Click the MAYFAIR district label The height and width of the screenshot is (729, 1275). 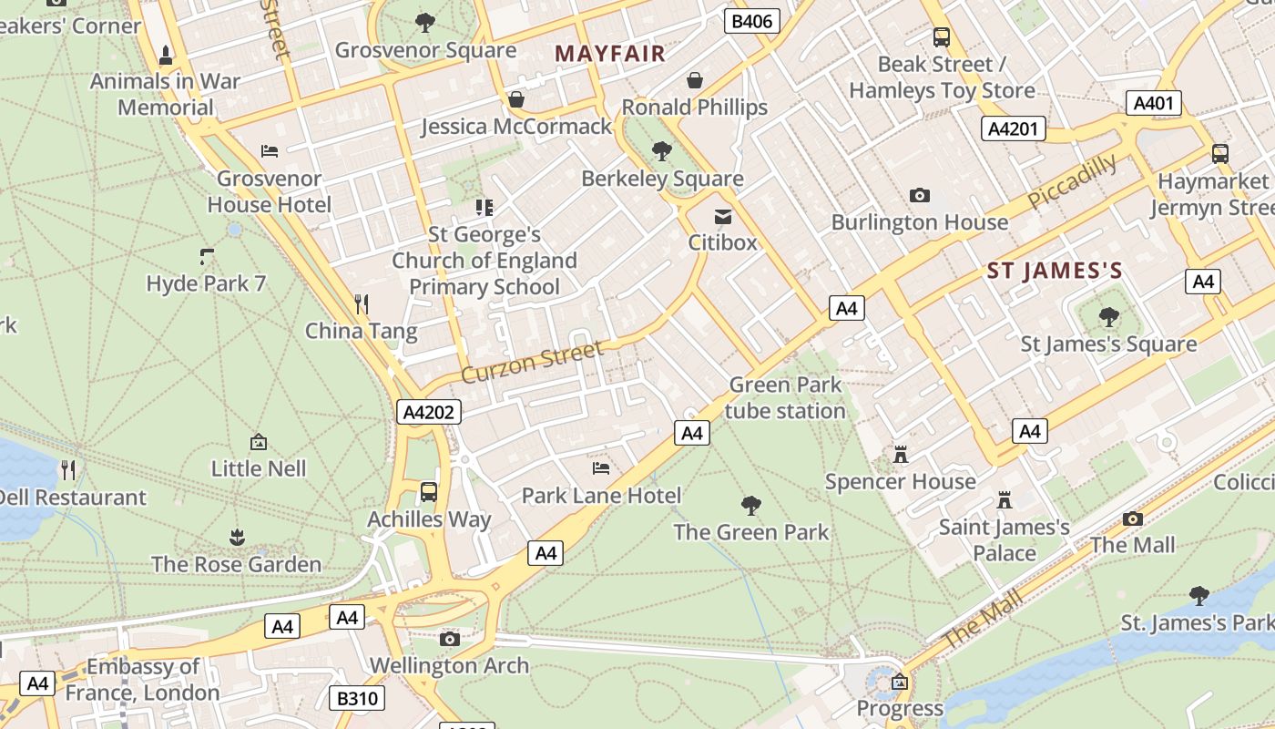coord(610,54)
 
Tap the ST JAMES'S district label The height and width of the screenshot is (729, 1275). coord(1055,271)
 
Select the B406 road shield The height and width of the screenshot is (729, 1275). coord(752,21)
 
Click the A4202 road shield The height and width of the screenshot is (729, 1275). coord(429,412)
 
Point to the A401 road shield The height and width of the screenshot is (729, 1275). coord(1153,103)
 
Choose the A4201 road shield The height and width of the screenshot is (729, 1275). coord(1013,128)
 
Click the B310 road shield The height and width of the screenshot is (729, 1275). coord(356,698)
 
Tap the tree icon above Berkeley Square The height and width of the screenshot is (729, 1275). coord(662,151)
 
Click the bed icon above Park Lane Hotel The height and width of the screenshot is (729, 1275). coord(601,468)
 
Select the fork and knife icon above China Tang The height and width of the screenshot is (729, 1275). coord(362,303)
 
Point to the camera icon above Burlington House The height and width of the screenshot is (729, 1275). coord(920,195)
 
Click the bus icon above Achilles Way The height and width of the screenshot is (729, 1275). coord(429,492)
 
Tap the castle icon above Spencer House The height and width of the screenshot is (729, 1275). coord(901,454)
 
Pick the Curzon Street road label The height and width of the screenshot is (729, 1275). coord(533,362)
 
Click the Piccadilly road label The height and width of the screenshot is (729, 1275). coord(1072,181)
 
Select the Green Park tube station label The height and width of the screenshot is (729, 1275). coord(785,398)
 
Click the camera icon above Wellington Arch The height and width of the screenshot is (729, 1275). coord(449,639)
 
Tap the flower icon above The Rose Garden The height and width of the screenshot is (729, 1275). coord(237,537)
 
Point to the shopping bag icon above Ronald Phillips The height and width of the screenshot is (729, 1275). coord(695,80)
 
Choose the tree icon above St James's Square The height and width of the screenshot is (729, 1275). coord(1108,317)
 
